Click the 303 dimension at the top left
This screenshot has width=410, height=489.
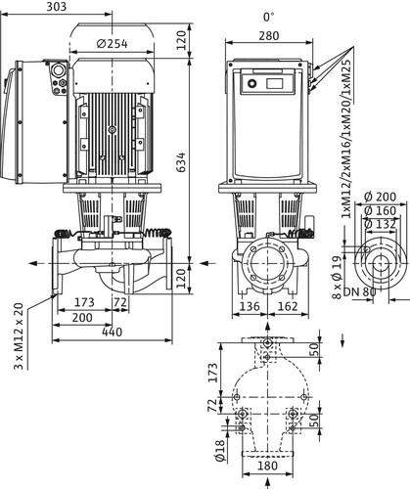point(56,7)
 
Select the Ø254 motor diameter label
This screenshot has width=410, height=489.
point(113,44)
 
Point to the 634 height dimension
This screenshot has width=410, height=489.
point(180,161)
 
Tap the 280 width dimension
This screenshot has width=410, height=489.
point(269,35)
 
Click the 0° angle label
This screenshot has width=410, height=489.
point(269,17)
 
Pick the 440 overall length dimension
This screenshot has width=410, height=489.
point(112,333)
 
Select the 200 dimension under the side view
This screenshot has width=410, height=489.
point(82,318)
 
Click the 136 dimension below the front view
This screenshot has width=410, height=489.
point(250,306)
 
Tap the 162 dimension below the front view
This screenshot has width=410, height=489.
point(289,306)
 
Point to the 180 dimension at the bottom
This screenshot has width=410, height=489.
point(267,466)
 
